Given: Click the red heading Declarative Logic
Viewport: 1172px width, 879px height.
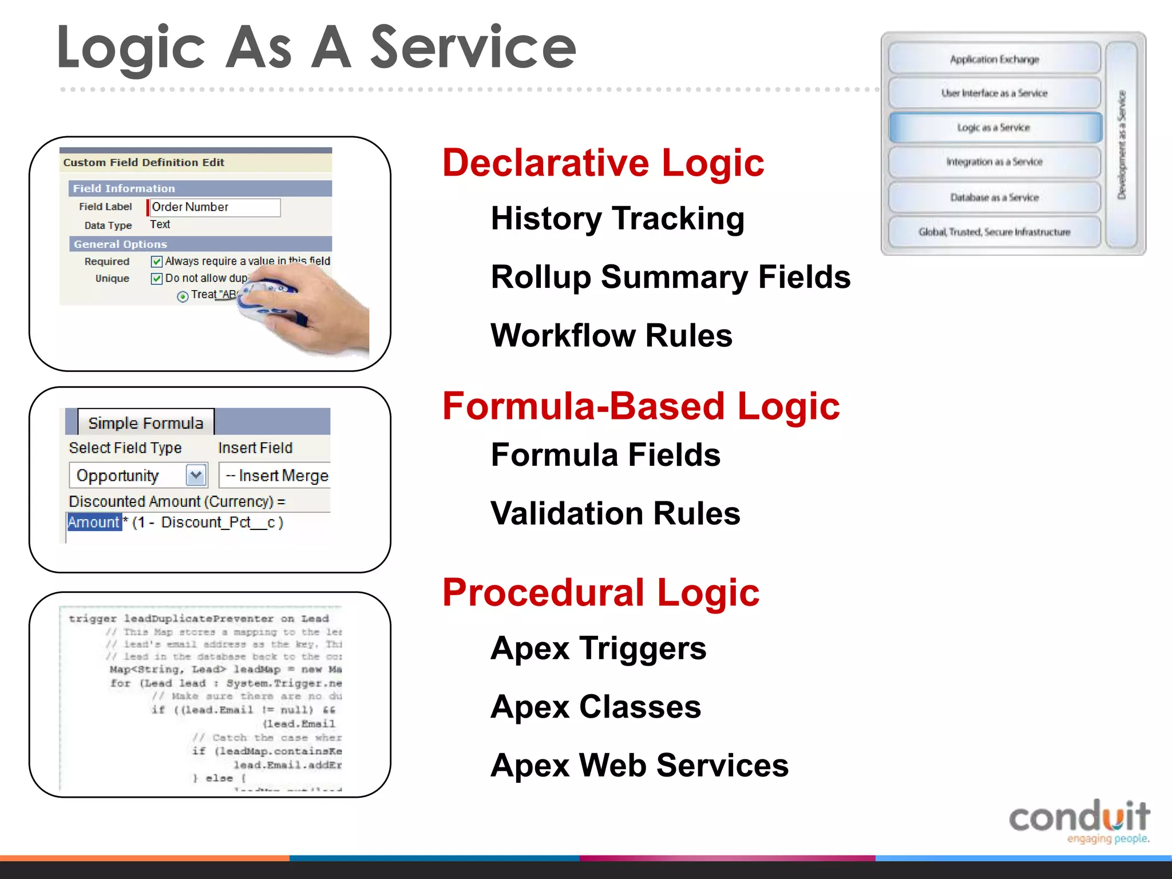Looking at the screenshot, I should tap(603, 163).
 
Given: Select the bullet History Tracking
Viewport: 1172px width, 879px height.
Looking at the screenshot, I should tap(617, 219).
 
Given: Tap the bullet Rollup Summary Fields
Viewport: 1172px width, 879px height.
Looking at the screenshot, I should tap(670, 277).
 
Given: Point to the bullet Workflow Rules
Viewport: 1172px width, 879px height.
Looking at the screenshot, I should tap(611, 335).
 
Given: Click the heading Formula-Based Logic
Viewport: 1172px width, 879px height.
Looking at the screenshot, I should tap(640, 406).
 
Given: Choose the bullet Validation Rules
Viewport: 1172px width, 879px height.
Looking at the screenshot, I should tap(615, 513).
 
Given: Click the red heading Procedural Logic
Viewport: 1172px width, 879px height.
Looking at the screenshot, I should tap(600, 592).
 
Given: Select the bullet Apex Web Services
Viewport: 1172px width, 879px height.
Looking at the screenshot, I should tap(639, 765).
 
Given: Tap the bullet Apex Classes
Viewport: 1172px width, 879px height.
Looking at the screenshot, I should tap(595, 707).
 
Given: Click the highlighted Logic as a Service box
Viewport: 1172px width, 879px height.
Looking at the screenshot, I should tap(995, 128).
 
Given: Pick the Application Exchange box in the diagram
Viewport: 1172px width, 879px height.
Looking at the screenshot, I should tap(995, 59).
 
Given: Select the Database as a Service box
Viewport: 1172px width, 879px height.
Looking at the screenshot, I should tap(995, 197).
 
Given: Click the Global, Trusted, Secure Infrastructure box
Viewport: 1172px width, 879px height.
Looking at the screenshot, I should tap(995, 232).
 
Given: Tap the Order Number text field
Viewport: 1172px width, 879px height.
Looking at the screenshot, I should tap(215, 207).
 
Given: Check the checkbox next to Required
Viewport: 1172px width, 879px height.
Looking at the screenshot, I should tap(156, 262).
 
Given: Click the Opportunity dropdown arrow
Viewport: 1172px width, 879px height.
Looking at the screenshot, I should tap(196, 475).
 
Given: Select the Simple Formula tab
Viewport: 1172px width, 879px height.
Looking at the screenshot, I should tap(145, 423).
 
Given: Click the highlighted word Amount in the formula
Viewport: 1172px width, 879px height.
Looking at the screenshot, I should tap(94, 522).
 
